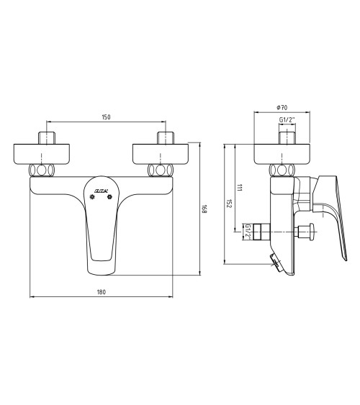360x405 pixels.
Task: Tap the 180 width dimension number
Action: (x=101, y=291)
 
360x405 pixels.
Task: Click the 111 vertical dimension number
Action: (x=239, y=188)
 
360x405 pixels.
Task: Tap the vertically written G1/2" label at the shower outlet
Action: (x=247, y=232)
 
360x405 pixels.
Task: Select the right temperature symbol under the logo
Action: (x=110, y=196)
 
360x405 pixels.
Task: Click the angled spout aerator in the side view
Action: (x=276, y=263)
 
